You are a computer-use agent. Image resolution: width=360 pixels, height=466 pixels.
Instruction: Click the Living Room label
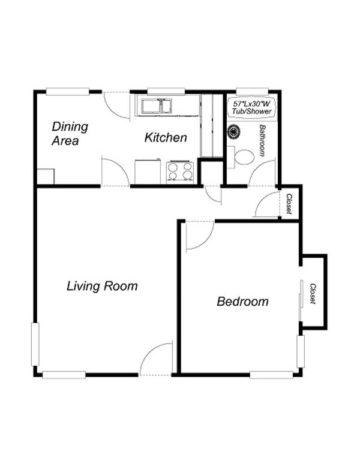(x=102, y=286)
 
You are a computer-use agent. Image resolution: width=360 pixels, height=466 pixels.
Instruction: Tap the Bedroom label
(x=242, y=301)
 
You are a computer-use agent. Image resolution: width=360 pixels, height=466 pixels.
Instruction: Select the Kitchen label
(x=166, y=138)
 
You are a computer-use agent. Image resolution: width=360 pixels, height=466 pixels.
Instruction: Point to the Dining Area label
(x=70, y=133)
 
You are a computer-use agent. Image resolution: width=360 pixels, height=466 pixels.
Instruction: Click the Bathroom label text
(x=262, y=141)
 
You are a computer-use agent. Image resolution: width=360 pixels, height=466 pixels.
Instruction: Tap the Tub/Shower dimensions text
(x=252, y=107)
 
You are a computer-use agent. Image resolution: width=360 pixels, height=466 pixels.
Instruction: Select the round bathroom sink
(x=234, y=132)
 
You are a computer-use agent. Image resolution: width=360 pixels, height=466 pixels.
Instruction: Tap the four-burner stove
(x=180, y=172)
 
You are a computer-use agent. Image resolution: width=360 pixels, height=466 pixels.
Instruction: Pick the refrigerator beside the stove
(x=148, y=172)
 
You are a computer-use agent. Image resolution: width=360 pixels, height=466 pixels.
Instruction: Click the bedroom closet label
(x=313, y=294)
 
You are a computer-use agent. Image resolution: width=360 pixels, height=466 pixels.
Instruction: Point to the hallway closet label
(x=289, y=204)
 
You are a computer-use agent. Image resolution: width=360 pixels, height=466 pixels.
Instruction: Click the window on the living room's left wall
(x=35, y=344)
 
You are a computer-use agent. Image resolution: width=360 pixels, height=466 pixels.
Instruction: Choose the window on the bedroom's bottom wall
(x=271, y=375)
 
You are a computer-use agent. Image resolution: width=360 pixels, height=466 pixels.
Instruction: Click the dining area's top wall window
(x=68, y=91)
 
